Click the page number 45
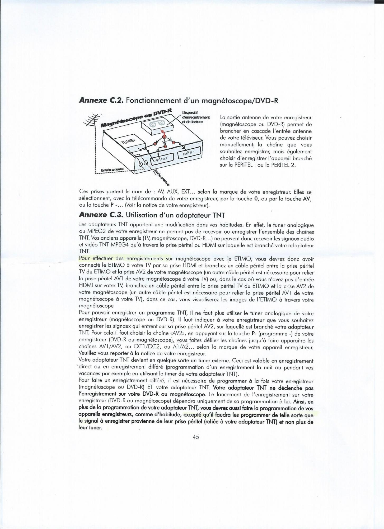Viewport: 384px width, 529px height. click(x=196, y=437)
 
